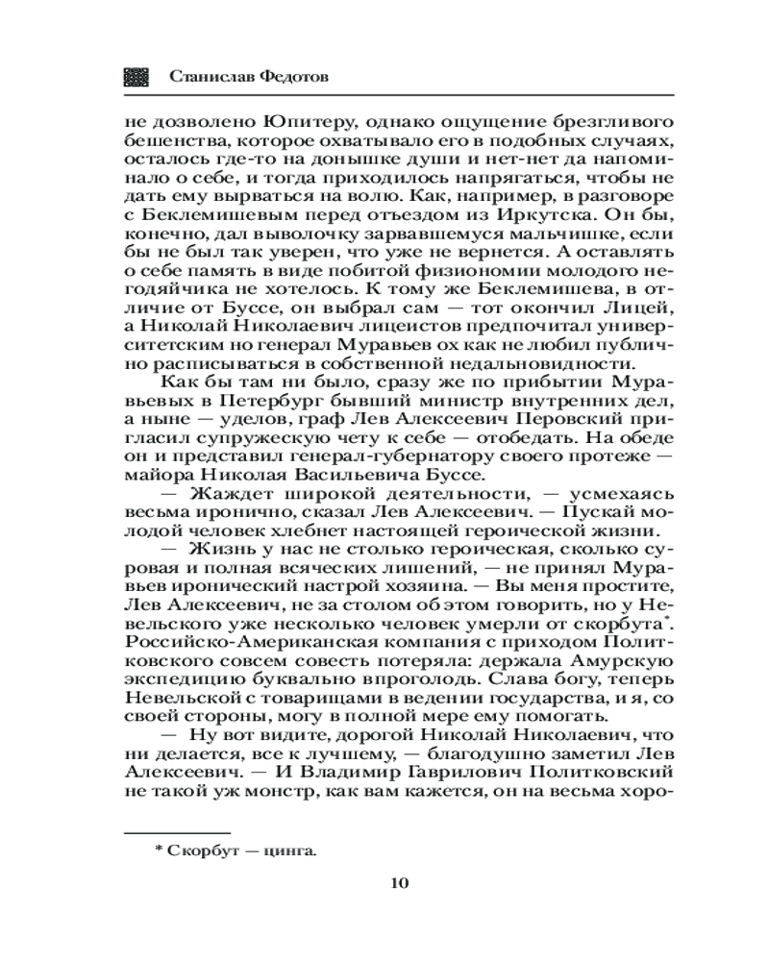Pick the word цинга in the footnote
point(293,849)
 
